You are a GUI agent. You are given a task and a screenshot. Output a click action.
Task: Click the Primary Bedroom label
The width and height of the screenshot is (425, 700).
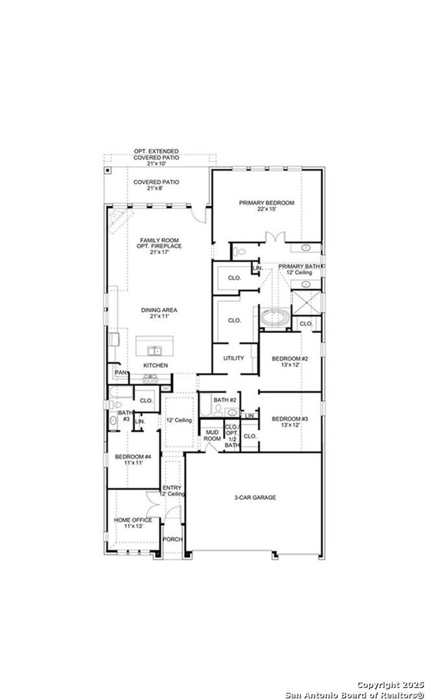pyautogui.click(x=267, y=206)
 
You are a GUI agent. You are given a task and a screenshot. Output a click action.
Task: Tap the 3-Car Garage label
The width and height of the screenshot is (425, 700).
pyautogui.click(x=255, y=497)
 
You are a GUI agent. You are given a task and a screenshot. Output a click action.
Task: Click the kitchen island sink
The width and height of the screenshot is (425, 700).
pyautogui.click(x=154, y=350)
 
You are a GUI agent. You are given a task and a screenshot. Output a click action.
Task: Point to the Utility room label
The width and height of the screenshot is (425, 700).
pyautogui.click(x=233, y=358)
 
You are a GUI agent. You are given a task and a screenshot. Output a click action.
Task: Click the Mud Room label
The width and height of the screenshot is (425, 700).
pyautogui.click(x=212, y=435)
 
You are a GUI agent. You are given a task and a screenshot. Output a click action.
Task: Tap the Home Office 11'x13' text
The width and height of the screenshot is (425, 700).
pyautogui.click(x=133, y=523)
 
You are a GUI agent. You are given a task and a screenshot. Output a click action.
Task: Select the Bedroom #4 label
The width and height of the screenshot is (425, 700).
pyautogui.click(x=133, y=459)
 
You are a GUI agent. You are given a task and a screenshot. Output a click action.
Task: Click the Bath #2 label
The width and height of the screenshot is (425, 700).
pyautogui.click(x=224, y=400)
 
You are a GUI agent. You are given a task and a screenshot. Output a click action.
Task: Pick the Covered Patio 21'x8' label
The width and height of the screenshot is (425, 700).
pyautogui.click(x=156, y=185)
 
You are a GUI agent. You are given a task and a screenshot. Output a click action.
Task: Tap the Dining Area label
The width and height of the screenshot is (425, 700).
pyautogui.click(x=159, y=313)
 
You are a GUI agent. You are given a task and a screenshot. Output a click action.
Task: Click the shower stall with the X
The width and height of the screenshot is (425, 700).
pyautogui.click(x=306, y=302)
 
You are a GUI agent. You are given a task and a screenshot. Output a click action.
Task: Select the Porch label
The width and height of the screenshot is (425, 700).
pyautogui.click(x=172, y=539)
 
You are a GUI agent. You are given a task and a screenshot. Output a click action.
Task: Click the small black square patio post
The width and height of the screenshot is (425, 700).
pyautogui.click(x=108, y=171)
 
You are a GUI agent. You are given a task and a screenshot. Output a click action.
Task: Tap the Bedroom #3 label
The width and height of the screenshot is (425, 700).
pyautogui.click(x=290, y=422)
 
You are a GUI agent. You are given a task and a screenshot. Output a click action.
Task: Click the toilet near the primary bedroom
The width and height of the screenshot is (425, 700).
pyautogui.click(x=240, y=251)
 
